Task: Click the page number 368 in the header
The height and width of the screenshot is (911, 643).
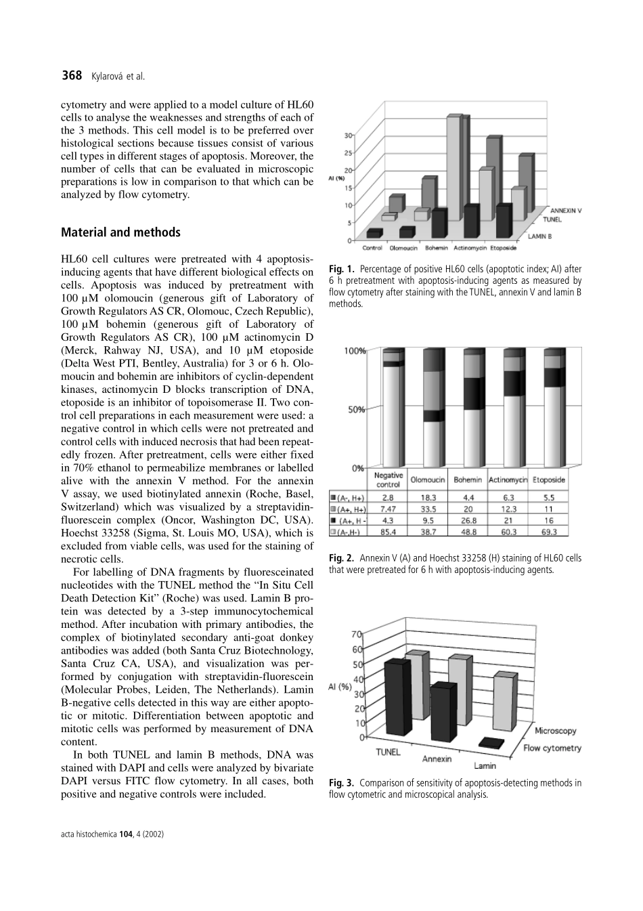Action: point(71,76)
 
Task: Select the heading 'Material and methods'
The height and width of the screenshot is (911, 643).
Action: point(120,232)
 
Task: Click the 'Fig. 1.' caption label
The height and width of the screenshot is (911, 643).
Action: point(342,270)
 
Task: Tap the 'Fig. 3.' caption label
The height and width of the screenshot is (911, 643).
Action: point(342,783)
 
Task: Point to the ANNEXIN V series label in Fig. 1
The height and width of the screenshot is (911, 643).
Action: point(565,211)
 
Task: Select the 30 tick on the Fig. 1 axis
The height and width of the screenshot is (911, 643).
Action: point(347,135)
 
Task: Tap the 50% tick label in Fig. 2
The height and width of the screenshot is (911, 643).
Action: point(355,410)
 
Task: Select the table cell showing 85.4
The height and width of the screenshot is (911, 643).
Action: point(389,532)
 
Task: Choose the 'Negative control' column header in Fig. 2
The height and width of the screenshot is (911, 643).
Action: point(389,480)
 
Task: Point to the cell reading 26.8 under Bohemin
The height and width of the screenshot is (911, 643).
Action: point(468,521)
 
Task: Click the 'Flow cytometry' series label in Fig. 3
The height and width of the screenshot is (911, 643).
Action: point(552,748)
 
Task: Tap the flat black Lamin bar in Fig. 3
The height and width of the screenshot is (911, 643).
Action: point(491,743)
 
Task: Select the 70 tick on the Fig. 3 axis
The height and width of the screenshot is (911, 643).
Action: point(356,635)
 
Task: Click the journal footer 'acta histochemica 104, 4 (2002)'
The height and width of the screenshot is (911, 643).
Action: point(112,834)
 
